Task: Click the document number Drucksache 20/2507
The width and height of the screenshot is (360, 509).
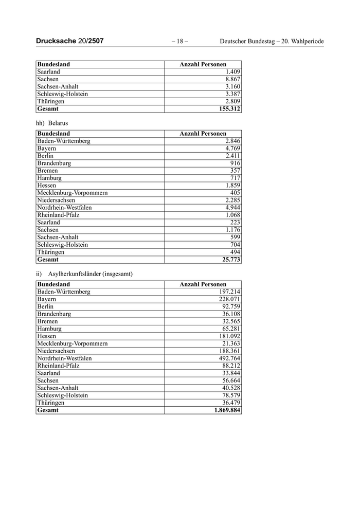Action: click(x=70, y=41)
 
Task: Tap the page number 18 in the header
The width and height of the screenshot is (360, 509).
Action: click(x=179, y=41)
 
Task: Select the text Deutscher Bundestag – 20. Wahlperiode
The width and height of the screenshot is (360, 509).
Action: click(x=272, y=41)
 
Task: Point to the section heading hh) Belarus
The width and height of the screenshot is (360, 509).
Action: click(x=52, y=123)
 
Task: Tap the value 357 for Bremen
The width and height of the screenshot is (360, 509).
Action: click(x=235, y=171)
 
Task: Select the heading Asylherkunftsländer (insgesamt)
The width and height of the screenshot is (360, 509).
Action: click(x=91, y=274)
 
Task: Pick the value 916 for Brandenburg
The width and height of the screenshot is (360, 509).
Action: click(x=235, y=163)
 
